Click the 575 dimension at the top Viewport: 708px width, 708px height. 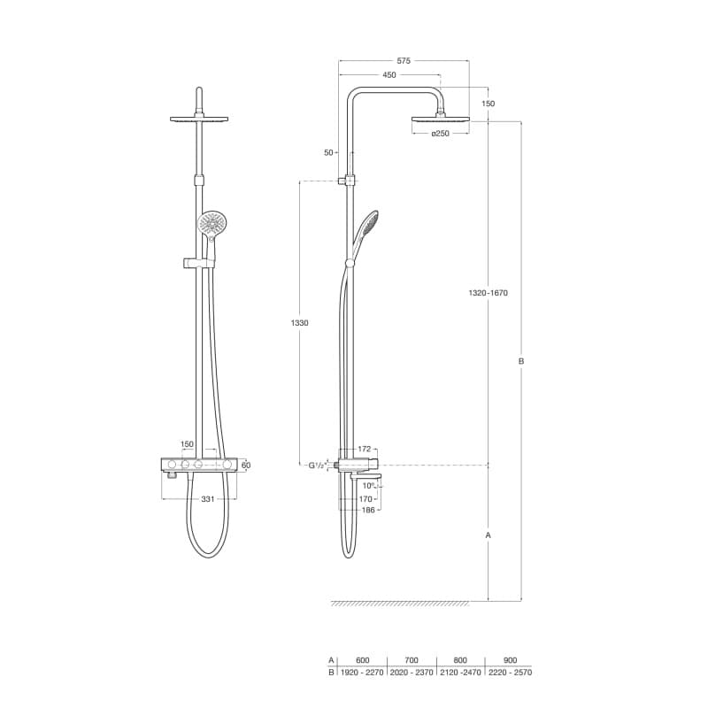coord(404,61)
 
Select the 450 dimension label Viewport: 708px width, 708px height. coord(389,75)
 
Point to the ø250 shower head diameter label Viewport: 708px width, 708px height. coord(441,134)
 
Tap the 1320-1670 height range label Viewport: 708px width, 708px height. coord(489,293)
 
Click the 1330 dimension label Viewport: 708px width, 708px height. coord(300,323)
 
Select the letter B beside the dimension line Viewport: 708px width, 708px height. coord(521,361)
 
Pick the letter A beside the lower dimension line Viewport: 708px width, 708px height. coord(489,535)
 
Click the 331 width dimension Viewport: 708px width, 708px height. coord(207,499)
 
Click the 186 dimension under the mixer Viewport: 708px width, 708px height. coord(366,511)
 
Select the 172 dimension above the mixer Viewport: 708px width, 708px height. coord(364,450)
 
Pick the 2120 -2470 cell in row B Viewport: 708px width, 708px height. coord(460,672)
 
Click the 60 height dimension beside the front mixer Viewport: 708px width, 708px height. coord(246,465)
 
